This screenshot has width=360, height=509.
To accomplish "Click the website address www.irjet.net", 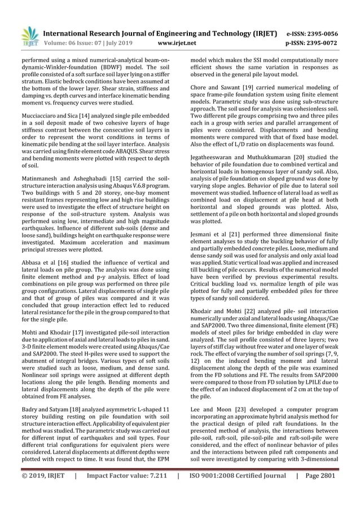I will [x=178, y=42].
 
